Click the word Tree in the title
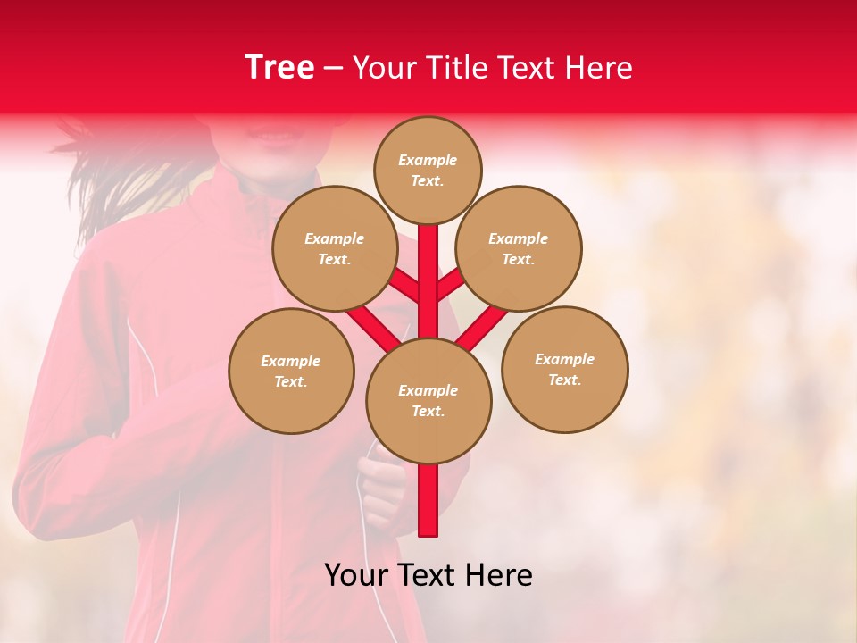tap(279, 67)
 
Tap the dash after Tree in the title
tap(333, 69)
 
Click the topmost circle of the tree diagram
tap(428, 170)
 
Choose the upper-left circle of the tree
tap(335, 248)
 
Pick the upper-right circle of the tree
tap(519, 248)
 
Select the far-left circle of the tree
tap(291, 371)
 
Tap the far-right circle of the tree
tap(565, 369)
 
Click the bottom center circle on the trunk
tap(428, 400)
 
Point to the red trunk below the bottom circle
tap(428, 500)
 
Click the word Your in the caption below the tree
tap(358, 575)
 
